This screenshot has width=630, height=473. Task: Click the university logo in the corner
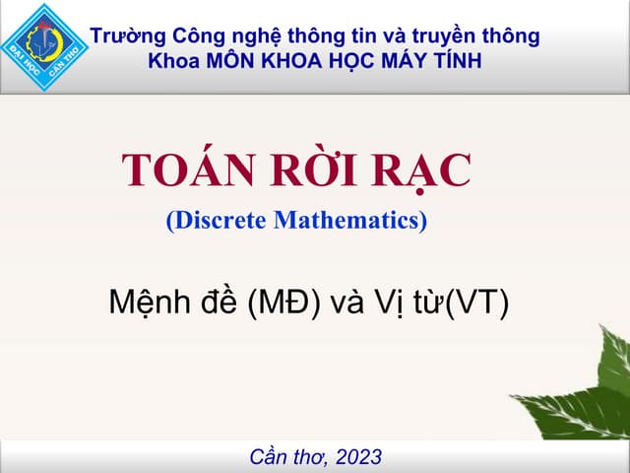[x=44, y=46]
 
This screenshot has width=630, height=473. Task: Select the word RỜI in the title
[x=309, y=171]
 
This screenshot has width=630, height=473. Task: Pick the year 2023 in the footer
[x=358, y=456]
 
